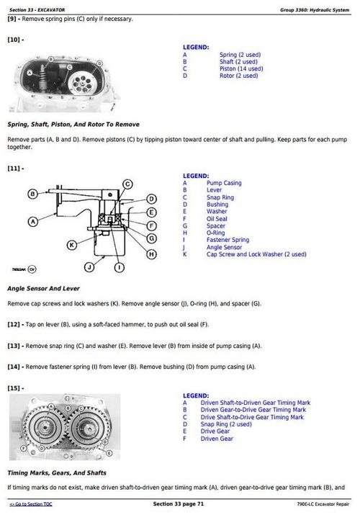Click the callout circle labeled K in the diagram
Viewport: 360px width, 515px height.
tap(71, 245)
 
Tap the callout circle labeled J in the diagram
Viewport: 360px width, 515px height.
tap(89, 267)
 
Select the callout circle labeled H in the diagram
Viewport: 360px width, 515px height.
tap(151, 254)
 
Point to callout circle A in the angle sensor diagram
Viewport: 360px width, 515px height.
tap(32, 222)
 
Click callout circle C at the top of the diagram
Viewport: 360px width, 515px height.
tap(127, 184)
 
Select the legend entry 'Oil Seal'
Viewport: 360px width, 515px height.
tap(218, 219)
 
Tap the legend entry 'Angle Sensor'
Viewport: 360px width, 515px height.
tap(224, 247)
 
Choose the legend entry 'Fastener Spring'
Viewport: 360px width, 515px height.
tap(228, 240)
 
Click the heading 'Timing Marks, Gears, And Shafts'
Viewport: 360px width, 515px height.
tap(57, 473)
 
